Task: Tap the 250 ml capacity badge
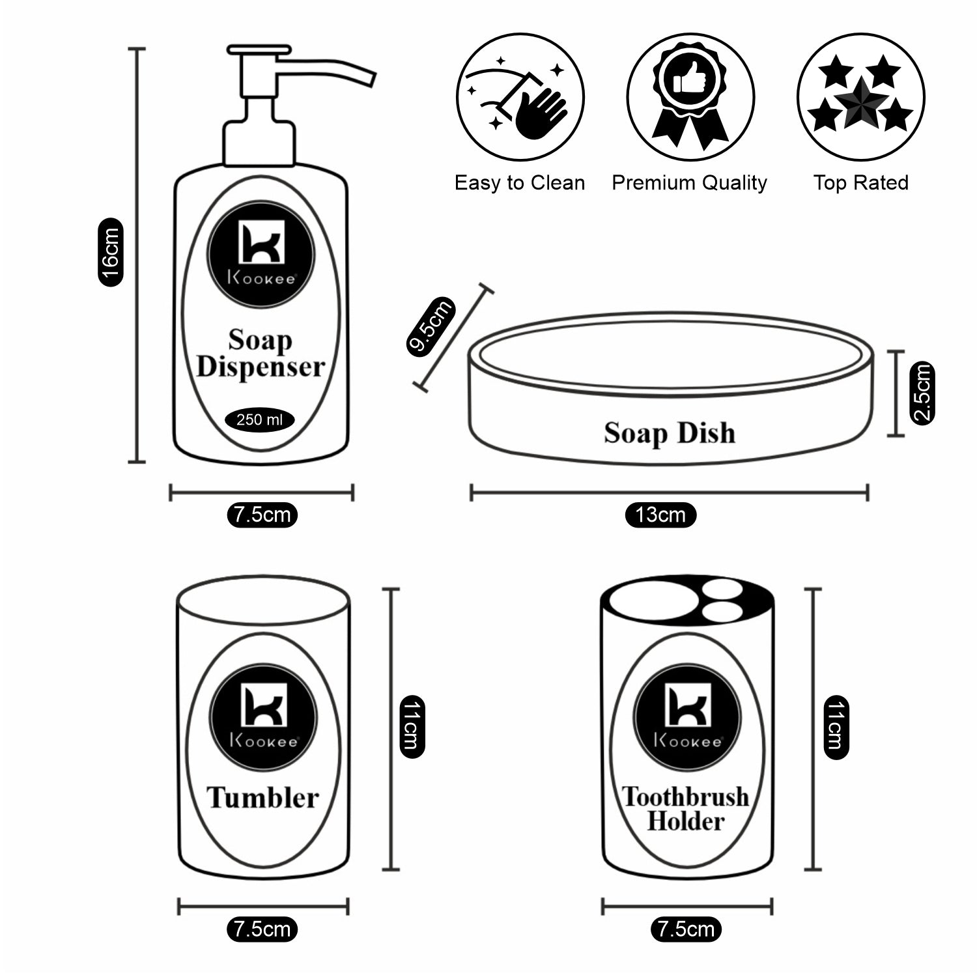(x=259, y=420)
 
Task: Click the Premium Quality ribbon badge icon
(x=690, y=98)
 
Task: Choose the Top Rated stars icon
(x=860, y=98)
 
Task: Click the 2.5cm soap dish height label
(x=922, y=393)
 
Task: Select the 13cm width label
(x=660, y=515)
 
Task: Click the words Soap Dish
(x=669, y=433)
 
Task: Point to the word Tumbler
(x=262, y=797)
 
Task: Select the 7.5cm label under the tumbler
(x=262, y=928)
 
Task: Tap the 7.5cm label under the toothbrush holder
(x=686, y=928)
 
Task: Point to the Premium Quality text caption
(x=689, y=183)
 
